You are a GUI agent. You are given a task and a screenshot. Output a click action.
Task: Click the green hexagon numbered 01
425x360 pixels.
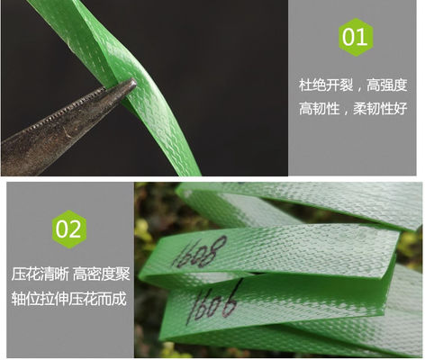356,37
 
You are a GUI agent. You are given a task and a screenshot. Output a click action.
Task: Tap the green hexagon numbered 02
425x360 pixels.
69,229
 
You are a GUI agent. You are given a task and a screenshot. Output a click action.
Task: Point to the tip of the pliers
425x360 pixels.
134,83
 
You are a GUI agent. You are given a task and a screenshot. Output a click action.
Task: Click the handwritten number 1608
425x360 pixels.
200,252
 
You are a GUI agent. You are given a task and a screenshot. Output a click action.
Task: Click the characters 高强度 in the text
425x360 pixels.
386,85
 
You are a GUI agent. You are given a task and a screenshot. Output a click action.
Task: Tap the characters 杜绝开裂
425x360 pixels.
326,85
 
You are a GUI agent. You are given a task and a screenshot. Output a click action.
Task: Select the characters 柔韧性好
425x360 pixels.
380,108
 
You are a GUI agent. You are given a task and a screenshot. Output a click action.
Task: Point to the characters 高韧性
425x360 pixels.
319,108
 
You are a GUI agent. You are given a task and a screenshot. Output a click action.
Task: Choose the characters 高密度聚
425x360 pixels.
102,274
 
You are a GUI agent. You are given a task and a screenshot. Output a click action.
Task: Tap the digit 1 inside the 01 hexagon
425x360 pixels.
363,37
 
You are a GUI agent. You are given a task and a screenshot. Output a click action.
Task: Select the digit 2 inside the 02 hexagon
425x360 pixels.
76,229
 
